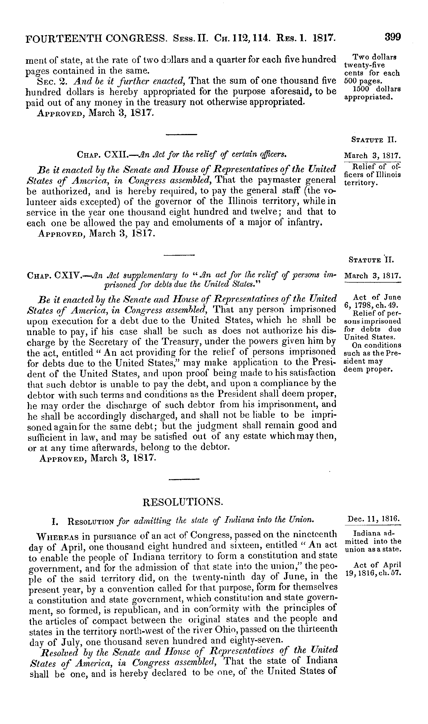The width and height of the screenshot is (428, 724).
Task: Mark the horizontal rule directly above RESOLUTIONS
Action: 184,479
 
